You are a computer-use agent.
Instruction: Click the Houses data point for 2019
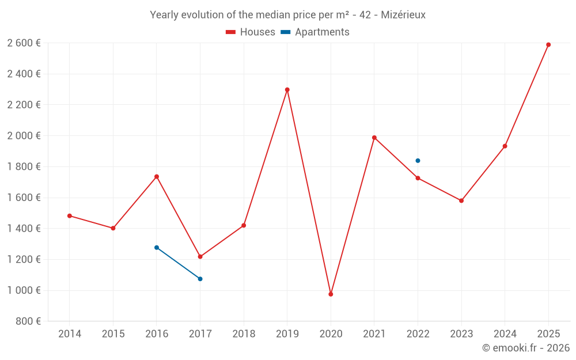[287, 90]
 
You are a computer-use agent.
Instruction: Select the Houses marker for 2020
[331, 294]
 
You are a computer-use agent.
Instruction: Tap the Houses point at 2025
[548, 45]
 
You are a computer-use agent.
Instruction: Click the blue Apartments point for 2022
[418, 161]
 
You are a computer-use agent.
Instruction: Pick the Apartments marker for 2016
[157, 248]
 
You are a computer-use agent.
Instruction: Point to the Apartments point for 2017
[200, 279]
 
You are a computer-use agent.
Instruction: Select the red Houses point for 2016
[157, 177]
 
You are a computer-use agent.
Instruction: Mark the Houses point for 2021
[374, 138]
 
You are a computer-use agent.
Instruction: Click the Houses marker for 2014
[70, 216]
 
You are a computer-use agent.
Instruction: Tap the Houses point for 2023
[461, 200]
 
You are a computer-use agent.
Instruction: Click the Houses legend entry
[251, 32]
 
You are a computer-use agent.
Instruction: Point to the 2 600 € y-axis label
[24, 43]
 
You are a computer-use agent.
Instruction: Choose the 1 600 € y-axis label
[24, 198]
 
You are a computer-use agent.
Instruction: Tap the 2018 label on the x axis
[244, 334]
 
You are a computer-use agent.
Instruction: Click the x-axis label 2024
[505, 334]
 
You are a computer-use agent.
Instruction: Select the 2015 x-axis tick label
[113, 334]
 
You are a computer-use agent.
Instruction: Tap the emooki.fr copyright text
[525, 348]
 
